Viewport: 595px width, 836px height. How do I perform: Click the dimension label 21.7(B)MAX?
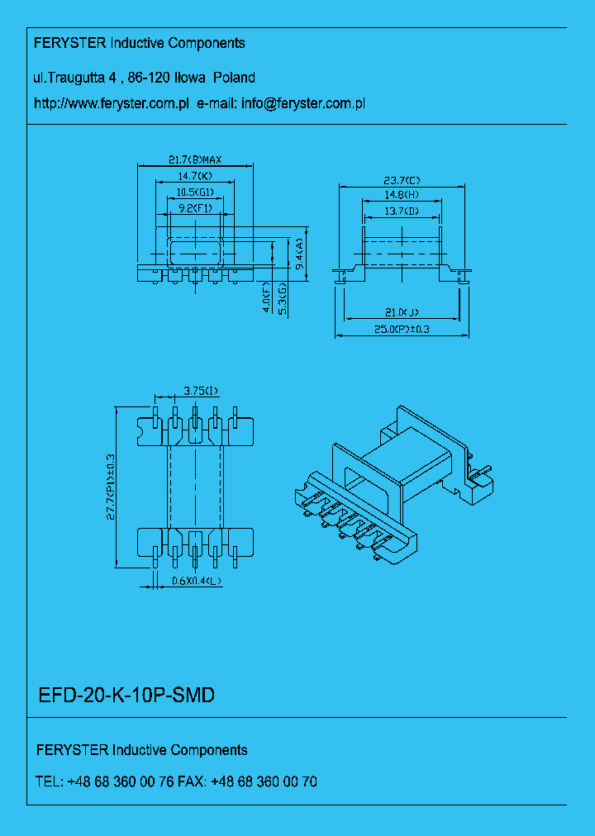click(194, 159)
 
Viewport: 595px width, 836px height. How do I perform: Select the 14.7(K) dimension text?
click(194, 176)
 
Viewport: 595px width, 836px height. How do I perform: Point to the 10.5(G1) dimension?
click(194, 192)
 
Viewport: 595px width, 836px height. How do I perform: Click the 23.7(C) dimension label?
click(402, 180)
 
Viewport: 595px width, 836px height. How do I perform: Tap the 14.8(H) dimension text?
click(402, 196)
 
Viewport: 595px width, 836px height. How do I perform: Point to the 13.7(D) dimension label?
click(402, 212)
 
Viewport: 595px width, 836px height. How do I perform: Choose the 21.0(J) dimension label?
click(402, 312)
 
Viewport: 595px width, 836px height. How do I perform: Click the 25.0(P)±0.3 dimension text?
click(402, 330)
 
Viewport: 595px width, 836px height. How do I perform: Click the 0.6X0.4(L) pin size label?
click(197, 581)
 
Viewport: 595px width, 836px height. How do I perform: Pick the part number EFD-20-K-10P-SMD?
click(127, 696)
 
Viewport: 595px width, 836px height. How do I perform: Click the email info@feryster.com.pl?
click(303, 104)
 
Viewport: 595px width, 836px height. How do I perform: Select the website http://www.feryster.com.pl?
click(112, 104)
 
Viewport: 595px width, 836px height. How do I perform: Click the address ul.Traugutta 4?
click(74, 78)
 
